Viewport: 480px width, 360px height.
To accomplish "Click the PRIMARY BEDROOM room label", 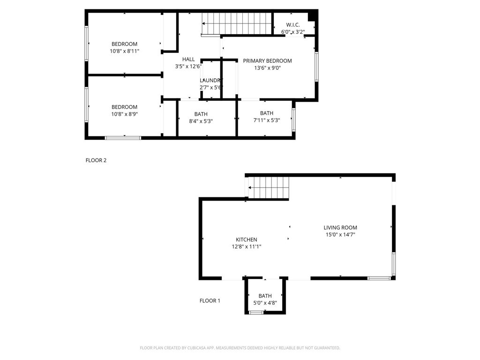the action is pyautogui.click(x=267, y=60).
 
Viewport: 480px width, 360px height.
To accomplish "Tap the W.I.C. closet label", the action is pyautogui.click(x=293, y=25).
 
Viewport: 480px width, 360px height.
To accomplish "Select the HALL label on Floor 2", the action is pyautogui.click(x=188, y=59).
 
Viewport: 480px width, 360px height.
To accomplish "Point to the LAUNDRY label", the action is pyautogui.click(x=211, y=80).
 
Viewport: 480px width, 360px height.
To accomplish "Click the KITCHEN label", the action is pyautogui.click(x=247, y=240).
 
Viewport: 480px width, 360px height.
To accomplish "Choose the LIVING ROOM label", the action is pyautogui.click(x=340, y=227).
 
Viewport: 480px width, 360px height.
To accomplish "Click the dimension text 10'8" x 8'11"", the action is pyautogui.click(x=125, y=51).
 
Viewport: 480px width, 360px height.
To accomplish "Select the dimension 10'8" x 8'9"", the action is pyautogui.click(x=125, y=114).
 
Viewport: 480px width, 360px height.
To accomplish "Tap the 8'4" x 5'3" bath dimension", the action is pyautogui.click(x=201, y=121).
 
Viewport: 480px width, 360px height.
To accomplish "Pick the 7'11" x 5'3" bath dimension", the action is pyautogui.click(x=267, y=120).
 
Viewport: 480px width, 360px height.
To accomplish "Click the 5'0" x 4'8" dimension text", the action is pyautogui.click(x=265, y=303).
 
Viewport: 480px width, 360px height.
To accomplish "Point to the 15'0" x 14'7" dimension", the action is pyautogui.click(x=340, y=235).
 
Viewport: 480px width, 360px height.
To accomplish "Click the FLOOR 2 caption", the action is pyautogui.click(x=96, y=160).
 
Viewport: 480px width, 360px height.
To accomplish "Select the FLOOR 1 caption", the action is pyautogui.click(x=210, y=300).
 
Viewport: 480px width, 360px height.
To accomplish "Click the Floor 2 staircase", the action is pyautogui.click(x=237, y=24).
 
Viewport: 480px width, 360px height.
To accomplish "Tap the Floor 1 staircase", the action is pyautogui.click(x=269, y=187).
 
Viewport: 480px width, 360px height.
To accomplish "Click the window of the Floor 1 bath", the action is pyautogui.click(x=256, y=313).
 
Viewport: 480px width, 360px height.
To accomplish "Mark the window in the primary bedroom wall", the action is pyautogui.click(x=317, y=67).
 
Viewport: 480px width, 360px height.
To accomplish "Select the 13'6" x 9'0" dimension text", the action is pyautogui.click(x=268, y=68).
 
